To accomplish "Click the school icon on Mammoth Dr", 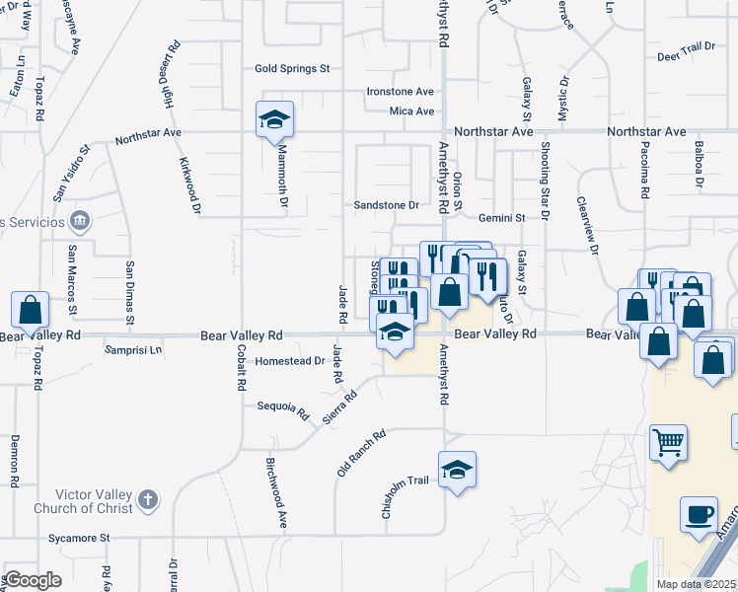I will pyautogui.click(x=275, y=120).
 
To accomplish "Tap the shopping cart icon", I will pyautogui.click(x=668, y=443).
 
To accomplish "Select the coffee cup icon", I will pyautogui.click(x=699, y=514).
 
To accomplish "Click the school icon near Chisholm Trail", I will pyautogui.click(x=457, y=471).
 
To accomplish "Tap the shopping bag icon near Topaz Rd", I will pyautogui.click(x=31, y=311).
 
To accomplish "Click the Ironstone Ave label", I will pyautogui.click(x=400, y=92).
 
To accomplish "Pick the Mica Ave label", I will pyautogui.click(x=411, y=111).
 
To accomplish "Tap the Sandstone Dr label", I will pyautogui.click(x=387, y=206).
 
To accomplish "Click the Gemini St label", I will pyautogui.click(x=501, y=216).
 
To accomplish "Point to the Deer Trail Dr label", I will pyautogui.click(x=685, y=46).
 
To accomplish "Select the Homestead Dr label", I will pyautogui.click(x=289, y=361).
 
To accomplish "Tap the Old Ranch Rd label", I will pyautogui.click(x=360, y=452).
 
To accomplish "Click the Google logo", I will pyautogui.click(x=33, y=580).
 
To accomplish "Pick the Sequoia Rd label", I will pyautogui.click(x=283, y=407).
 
